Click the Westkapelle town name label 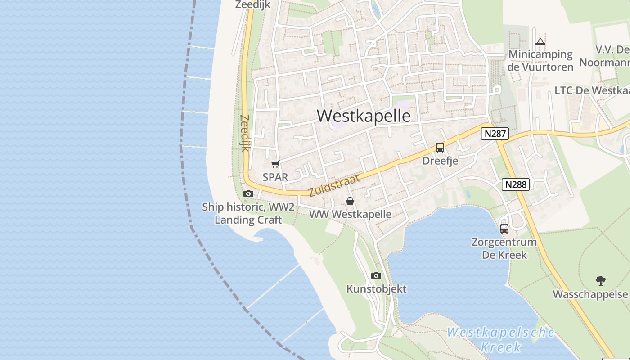point(364,116)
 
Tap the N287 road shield point(495,134)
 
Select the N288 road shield point(515,184)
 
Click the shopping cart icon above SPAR point(275,164)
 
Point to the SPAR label point(275,177)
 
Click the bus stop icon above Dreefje point(440,148)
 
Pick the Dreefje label point(440,161)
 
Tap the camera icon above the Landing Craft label point(248,194)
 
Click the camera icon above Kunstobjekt point(376,275)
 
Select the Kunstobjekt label point(376,289)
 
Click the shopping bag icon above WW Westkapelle point(350,201)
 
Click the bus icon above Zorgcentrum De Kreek point(504,228)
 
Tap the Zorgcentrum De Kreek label point(504,248)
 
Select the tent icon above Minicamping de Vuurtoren point(540,42)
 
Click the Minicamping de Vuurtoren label point(540,61)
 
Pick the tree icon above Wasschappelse point(600,281)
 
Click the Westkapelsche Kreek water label point(501,340)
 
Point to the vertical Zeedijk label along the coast point(244,133)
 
